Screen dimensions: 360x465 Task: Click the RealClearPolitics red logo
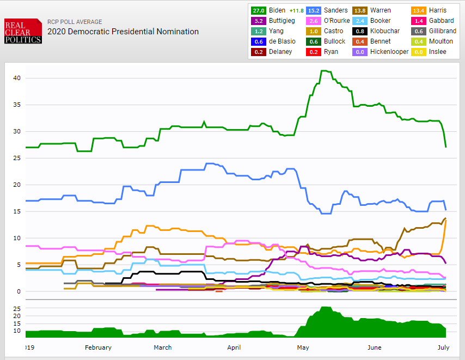[x=23, y=31]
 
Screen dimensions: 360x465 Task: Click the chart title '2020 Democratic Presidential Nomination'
[x=123, y=32]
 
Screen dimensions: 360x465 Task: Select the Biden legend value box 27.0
[x=258, y=10]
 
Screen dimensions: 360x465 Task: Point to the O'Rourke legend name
[x=337, y=21]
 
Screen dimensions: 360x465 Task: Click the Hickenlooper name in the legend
[x=389, y=52]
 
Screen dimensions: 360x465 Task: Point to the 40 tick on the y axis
[x=17, y=78]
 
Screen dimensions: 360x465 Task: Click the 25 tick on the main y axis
[x=17, y=158]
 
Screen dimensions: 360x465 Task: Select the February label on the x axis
[x=98, y=347]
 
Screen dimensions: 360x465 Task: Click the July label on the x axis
[x=443, y=347]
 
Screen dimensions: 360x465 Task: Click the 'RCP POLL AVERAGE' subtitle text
[x=75, y=22]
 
